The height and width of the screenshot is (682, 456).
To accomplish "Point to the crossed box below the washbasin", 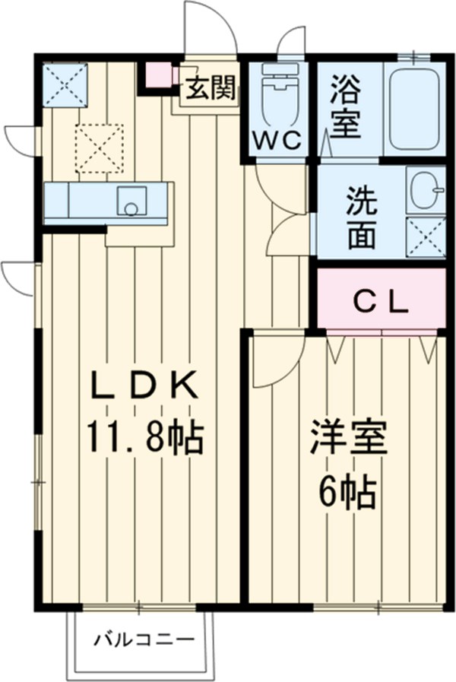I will point(425,238).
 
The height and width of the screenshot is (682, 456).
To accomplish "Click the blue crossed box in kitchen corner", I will point(64,84).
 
